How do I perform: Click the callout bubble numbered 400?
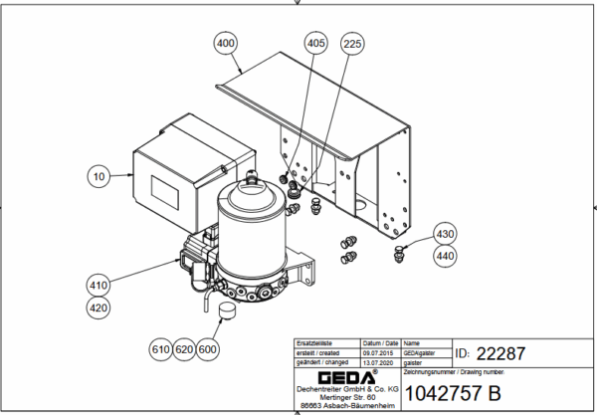click(226, 43)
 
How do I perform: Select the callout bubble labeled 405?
click(315, 43)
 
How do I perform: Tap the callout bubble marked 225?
click(352, 43)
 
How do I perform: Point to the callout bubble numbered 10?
click(98, 177)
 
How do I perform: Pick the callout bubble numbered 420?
click(98, 308)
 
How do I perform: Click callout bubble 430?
click(445, 234)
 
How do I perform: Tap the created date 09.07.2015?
click(379, 351)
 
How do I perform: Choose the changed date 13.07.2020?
click(379, 360)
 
